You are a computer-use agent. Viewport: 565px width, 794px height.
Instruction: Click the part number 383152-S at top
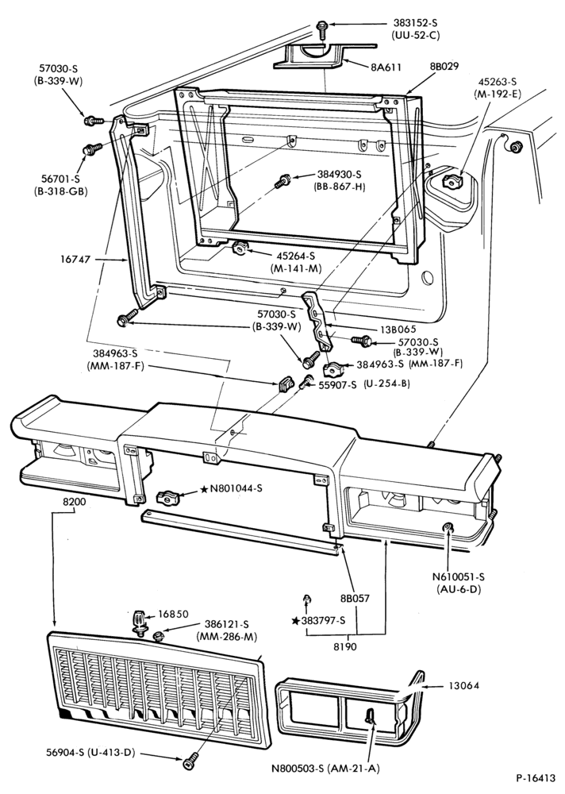coord(415,23)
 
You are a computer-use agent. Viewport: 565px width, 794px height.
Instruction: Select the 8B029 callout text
coord(444,66)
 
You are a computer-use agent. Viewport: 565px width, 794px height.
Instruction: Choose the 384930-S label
coord(339,174)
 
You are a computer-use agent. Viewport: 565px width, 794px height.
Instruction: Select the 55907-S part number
coord(337,385)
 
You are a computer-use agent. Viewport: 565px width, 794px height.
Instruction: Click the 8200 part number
coord(75,503)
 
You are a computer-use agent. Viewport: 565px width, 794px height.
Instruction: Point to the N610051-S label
coord(458,576)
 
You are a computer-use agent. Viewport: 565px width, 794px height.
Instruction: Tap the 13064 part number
coord(463,686)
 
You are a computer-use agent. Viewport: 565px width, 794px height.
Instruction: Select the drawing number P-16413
coord(536,777)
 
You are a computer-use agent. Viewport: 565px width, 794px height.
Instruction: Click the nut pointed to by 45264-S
coord(239,249)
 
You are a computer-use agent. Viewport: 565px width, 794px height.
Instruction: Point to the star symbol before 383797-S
coord(295,621)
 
